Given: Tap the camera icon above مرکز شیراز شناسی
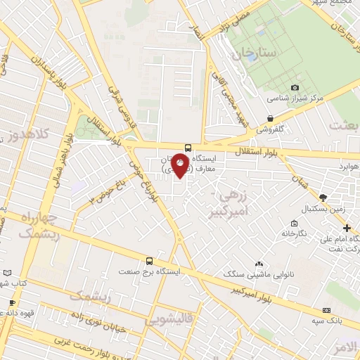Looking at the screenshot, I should pos(295,87).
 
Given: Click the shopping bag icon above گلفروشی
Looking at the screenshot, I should pos(271,118).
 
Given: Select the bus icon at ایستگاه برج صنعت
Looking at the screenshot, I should pos(148,261).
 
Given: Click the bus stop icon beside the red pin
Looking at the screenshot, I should pos(188,148).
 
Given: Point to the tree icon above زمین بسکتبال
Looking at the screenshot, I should pos(323,198).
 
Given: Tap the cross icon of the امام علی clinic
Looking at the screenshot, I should pos(347,228).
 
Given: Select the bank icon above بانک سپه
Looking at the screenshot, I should pos(326,310).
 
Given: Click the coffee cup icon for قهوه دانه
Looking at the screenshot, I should pos(12,303).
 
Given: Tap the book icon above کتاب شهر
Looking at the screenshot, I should pos(7,272).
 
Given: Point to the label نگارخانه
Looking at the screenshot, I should pos(294,233).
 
